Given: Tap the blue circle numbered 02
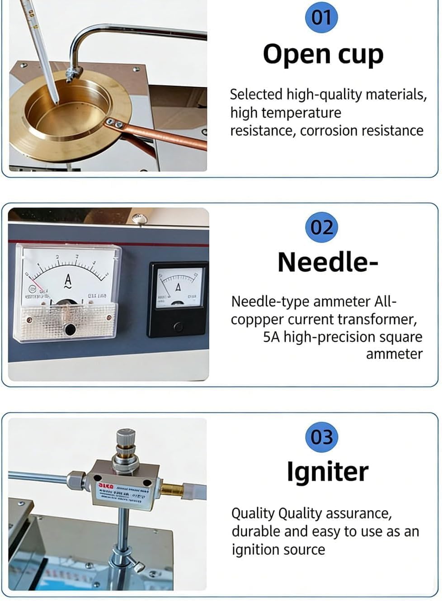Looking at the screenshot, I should tap(321, 227).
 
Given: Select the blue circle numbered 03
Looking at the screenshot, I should tap(321, 436).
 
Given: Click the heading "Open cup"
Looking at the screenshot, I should tap(323, 55).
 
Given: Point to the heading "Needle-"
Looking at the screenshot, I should tap(328, 262).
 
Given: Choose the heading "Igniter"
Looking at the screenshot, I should tap(328, 471).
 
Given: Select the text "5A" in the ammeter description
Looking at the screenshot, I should tap(271, 337).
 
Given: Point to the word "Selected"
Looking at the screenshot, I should tap(256, 95).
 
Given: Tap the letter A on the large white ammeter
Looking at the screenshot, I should tap(68, 280).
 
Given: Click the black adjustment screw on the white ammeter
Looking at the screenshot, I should tap(70, 329).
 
